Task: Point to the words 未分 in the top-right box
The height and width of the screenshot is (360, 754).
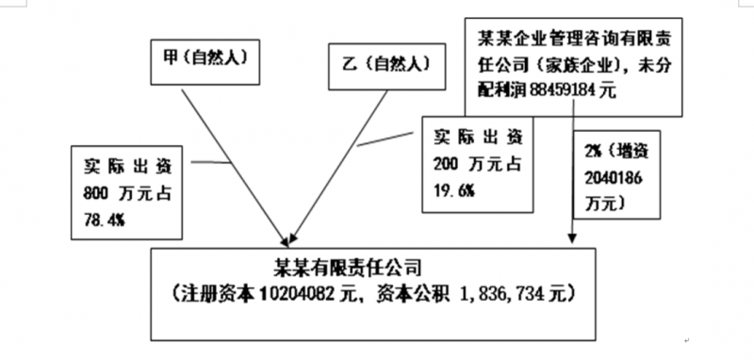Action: [678, 66]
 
